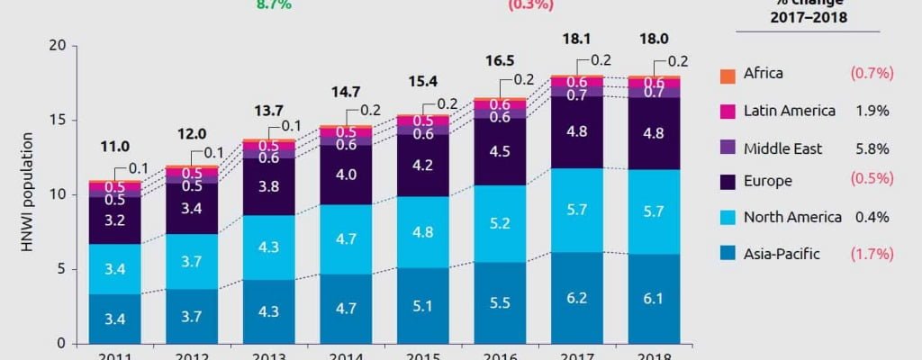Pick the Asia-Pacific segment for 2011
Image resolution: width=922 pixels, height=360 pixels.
click(x=114, y=319)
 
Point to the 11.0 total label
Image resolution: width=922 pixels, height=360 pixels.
click(x=114, y=146)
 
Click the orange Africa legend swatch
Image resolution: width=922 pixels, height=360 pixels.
click(x=727, y=74)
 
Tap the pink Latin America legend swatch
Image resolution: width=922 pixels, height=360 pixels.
click(x=727, y=110)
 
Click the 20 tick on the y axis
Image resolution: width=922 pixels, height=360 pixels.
click(x=57, y=46)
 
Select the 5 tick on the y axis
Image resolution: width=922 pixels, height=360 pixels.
click(x=60, y=269)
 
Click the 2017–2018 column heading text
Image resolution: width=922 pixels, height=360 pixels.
click(x=807, y=18)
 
